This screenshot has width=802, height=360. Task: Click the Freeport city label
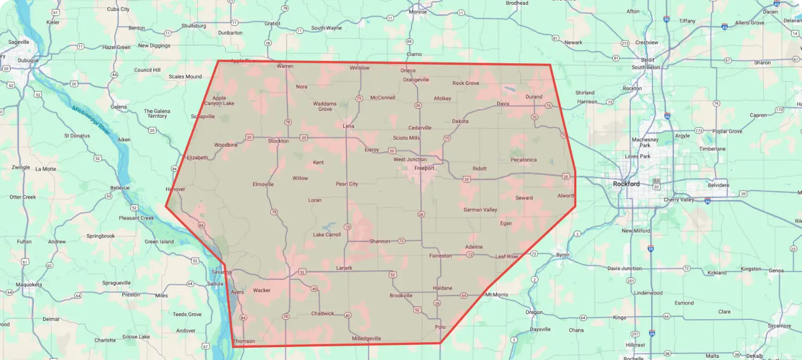pos(424,168)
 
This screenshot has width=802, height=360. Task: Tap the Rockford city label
pos(626,184)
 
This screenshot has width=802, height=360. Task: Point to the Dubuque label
pos(28,60)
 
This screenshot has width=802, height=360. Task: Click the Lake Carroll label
pos(327,235)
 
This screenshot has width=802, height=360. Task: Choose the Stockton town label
pos(278,141)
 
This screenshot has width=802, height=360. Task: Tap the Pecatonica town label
pos(523,160)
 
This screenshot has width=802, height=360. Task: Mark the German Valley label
pos(480,210)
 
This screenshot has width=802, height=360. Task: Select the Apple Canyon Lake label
pos(219,101)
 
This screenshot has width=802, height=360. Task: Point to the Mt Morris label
pos(496,295)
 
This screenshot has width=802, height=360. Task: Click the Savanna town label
pos(221,272)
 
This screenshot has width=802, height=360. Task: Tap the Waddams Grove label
pos(325,106)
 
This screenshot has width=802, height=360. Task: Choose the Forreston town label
pos(440,256)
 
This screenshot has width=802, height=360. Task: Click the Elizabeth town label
pos(197,158)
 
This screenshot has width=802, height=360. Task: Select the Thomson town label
pos(244,341)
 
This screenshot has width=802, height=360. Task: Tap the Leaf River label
pos(507,257)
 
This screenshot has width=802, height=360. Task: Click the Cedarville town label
pos(420,128)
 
